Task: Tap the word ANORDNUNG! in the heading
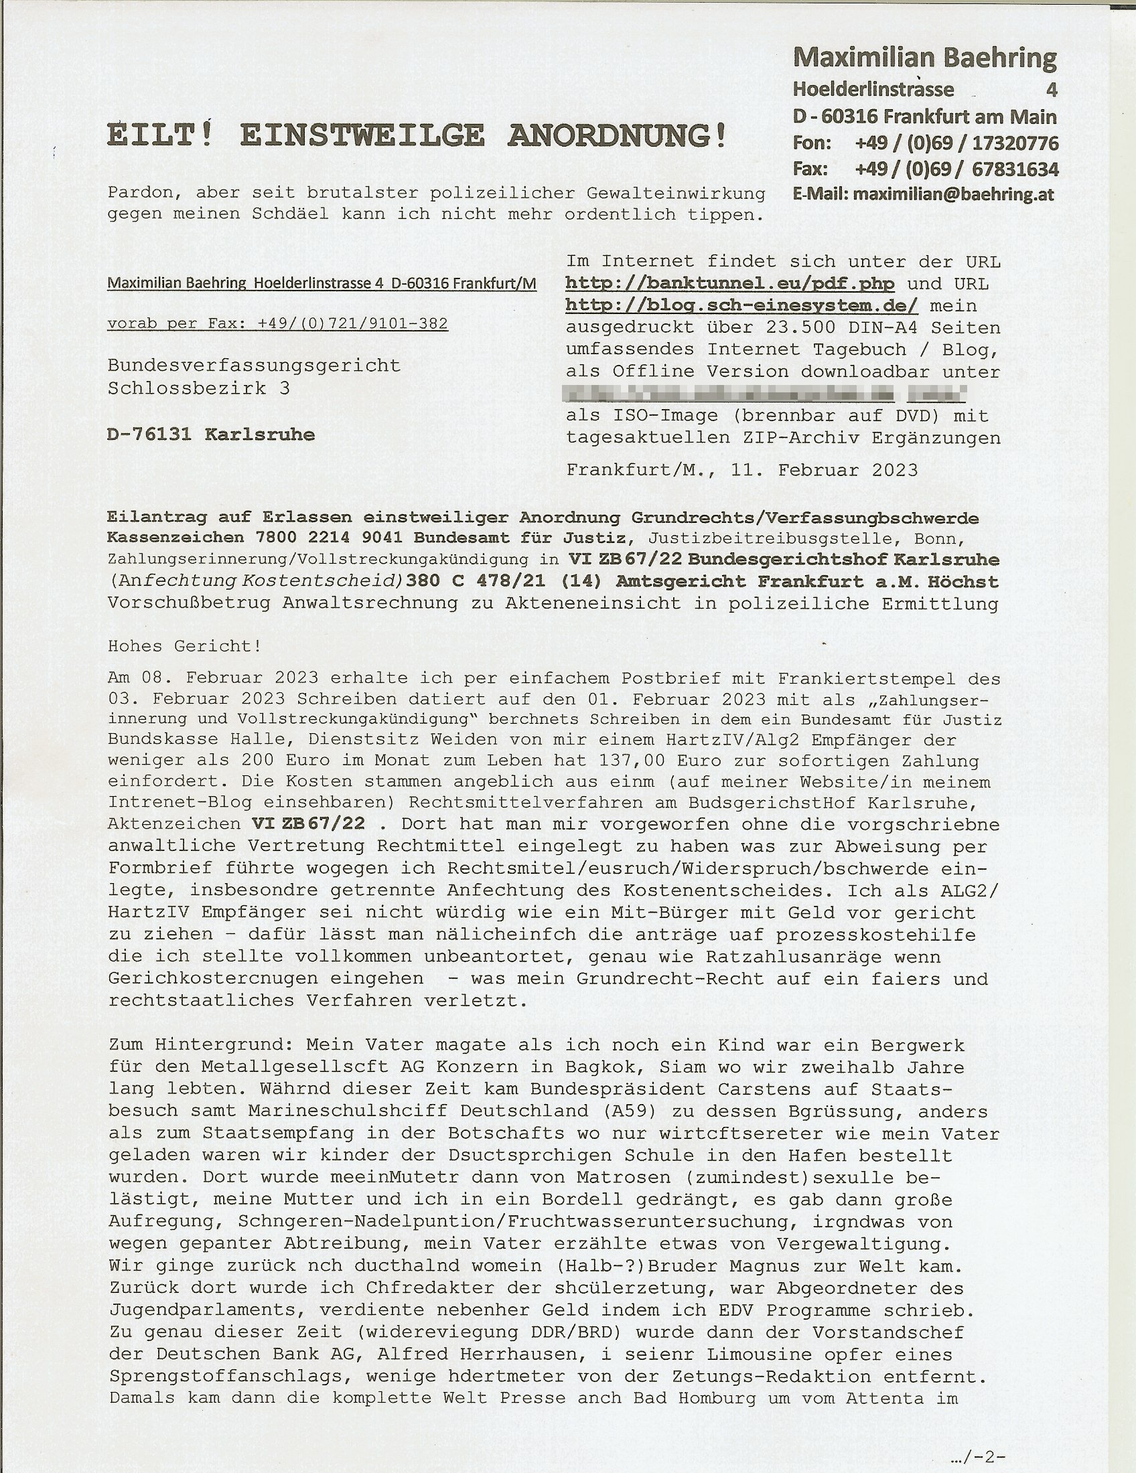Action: tap(618, 135)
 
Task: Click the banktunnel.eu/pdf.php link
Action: tap(731, 283)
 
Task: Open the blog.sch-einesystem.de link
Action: tap(741, 305)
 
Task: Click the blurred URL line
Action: tap(766, 393)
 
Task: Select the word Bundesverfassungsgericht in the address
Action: tap(254, 366)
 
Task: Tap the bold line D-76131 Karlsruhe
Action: tap(210, 435)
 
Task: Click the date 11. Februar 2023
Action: tap(825, 470)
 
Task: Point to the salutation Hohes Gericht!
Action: tap(184, 646)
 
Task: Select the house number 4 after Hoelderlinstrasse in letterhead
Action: tap(1051, 90)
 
